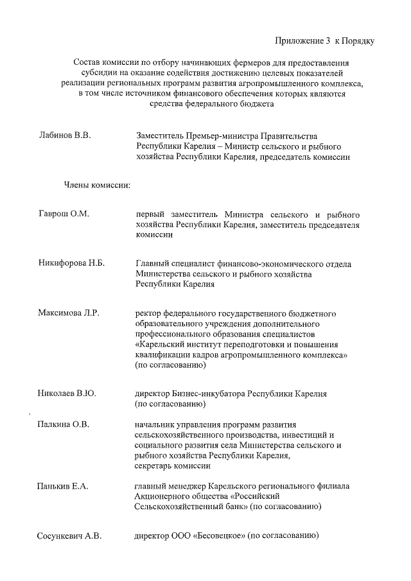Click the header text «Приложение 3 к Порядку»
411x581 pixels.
(x=324, y=41)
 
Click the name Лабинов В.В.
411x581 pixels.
(x=66, y=136)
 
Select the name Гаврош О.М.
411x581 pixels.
(x=63, y=214)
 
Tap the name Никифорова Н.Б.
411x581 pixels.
(x=71, y=263)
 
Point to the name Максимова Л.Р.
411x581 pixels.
(x=68, y=313)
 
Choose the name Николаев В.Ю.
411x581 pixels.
(x=67, y=394)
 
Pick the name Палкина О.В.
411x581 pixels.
(x=63, y=424)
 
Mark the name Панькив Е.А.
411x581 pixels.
(x=62, y=486)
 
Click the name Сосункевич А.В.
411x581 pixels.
(x=69, y=536)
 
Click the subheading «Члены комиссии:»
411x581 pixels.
(x=97, y=186)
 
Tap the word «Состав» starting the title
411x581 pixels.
(x=88, y=63)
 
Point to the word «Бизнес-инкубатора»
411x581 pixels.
(x=209, y=394)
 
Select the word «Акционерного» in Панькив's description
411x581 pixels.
(x=163, y=496)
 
